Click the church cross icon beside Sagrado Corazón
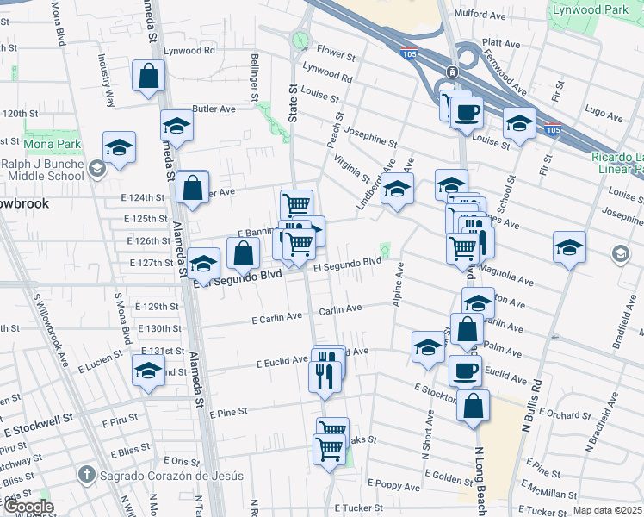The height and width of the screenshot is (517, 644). pos(86,474)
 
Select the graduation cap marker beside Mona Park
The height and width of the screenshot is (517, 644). pos(119,146)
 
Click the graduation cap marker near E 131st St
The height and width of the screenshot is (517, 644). pos(148,371)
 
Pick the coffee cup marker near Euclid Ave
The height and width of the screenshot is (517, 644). pos(465,371)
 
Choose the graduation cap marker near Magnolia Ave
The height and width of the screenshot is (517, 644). pos(569,247)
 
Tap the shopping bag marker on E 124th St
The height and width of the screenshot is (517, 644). pos(193,186)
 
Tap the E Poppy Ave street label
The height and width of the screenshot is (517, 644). pos(394,487)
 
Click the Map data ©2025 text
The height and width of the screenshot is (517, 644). pos(607,510)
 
